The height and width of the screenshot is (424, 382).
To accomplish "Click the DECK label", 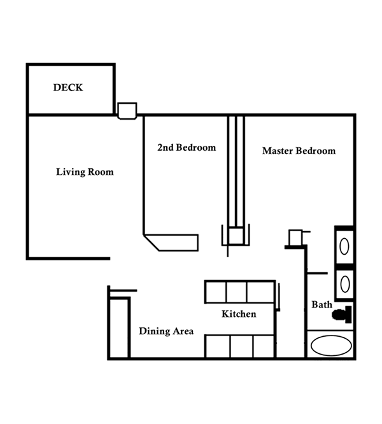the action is (68, 87).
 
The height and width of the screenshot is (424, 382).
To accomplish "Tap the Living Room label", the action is (85, 172).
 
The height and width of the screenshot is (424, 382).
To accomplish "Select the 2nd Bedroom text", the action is (187, 147).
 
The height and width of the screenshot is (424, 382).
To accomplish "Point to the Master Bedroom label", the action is (299, 151).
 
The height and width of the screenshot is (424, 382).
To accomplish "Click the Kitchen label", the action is (239, 314).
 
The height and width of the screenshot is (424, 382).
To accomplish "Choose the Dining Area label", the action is (166, 331).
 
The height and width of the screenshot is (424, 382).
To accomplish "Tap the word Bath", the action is (322, 304).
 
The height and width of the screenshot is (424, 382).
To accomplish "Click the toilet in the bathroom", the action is (342, 314).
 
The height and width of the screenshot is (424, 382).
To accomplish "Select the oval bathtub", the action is (331, 346).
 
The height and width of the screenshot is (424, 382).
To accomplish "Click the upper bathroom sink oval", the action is (344, 246).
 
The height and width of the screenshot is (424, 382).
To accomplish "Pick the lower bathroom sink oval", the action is (345, 284).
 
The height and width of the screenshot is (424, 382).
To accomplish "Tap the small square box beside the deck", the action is (127, 111).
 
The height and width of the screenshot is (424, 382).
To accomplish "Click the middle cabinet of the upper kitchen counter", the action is (236, 292).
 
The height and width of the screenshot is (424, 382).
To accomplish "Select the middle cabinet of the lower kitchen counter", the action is (242, 346).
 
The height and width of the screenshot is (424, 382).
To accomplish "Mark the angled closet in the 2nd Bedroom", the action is (171, 243).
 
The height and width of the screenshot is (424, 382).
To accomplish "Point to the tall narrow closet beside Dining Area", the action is (119, 327).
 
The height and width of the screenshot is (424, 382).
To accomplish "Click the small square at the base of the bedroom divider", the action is (236, 236).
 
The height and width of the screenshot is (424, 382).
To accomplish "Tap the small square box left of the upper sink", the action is (295, 237).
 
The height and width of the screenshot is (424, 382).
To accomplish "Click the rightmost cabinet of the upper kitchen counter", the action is (260, 292).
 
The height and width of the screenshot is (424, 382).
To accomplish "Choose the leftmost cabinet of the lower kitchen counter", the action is (218, 346).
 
